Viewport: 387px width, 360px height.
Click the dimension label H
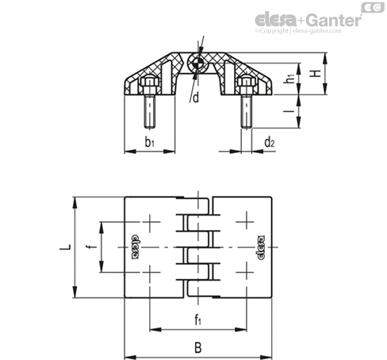click(x=316, y=74)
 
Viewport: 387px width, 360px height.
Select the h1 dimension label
click(x=290, y=79)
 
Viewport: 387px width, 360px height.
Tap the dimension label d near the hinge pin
click(x=196, y=98)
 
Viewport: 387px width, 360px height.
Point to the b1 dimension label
click(x=150, y=142)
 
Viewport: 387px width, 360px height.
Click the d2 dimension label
click(x=270, y=142)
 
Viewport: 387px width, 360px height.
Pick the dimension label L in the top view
click(x=65, y=247)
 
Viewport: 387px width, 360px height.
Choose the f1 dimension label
click(x=198, y=320)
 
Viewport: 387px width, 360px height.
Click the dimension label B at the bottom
click(x=198, y=347)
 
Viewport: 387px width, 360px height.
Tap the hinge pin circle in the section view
click(x=197, y=63)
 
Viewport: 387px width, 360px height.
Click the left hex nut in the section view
click(x=150, y=82)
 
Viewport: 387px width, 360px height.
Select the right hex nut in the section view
click(x=246, y=82)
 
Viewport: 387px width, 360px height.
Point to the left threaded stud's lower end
click(x=150, y=128)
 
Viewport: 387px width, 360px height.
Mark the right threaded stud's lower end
click(x=247, y=128)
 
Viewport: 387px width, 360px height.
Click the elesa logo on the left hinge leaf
click(x=135, y=247)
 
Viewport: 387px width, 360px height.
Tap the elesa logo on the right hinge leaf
click(x=261, y=247)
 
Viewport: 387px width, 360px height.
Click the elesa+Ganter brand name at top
click(x=308, y=20)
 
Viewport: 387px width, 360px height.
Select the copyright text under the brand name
click(x=298, y=31)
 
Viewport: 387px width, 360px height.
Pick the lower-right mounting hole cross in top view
click(x=246, y=272)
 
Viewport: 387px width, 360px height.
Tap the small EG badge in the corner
click(x=373, y=7)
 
